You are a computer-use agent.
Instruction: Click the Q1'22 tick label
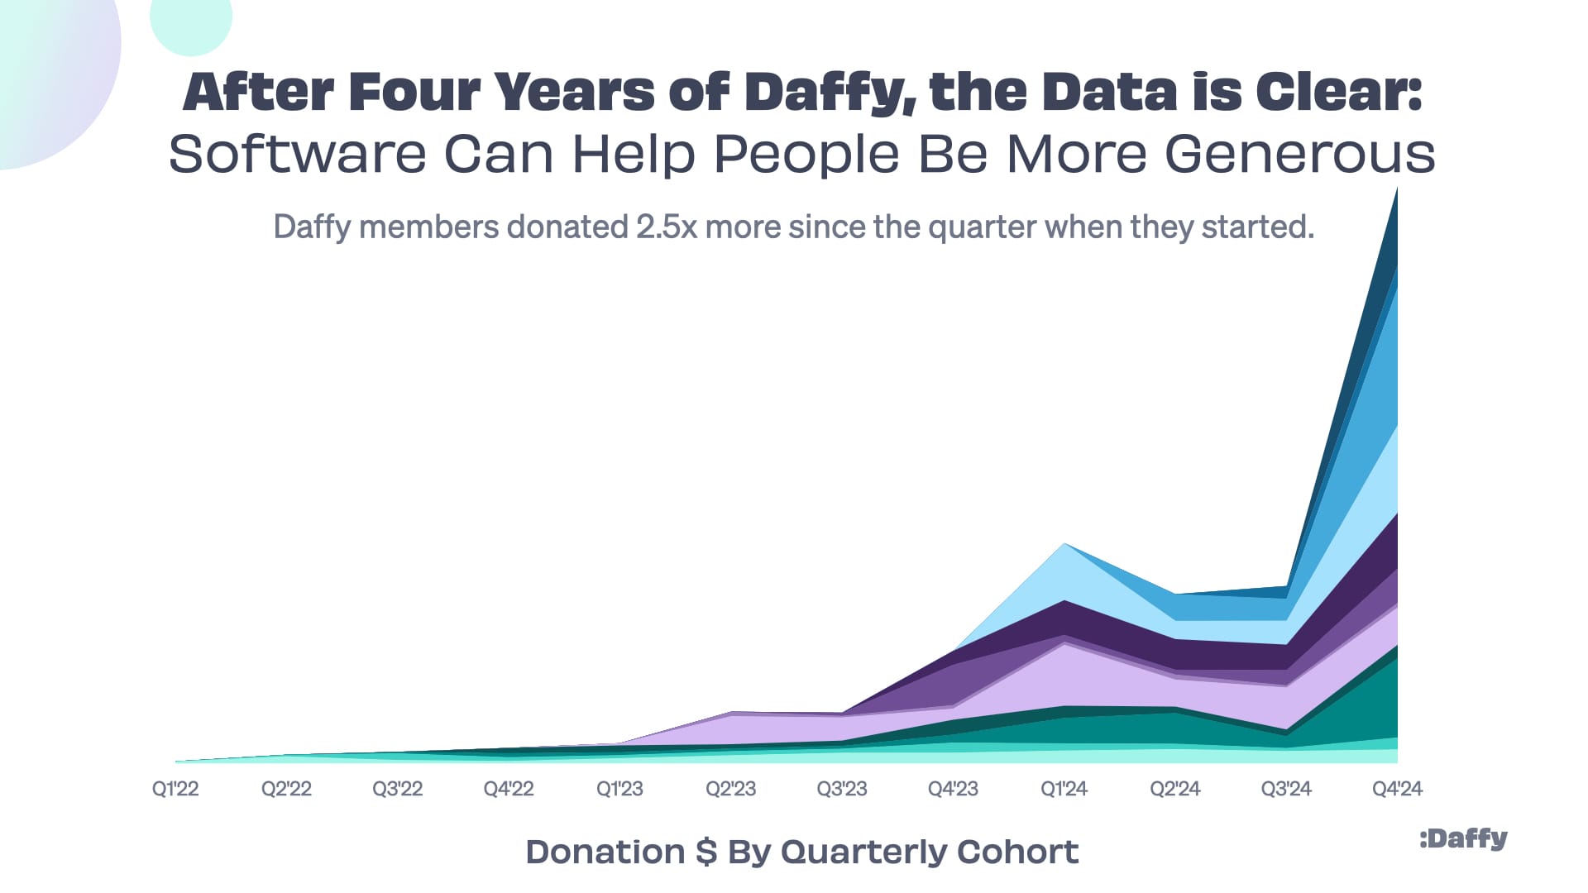[x=175, y=789]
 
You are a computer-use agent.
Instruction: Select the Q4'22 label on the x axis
[x=509, y=789]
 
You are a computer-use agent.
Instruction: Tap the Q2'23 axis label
[x=730, y=789]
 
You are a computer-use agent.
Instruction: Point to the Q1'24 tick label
[x=1064, y=789]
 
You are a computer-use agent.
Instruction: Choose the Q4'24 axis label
[x=1397, y=789]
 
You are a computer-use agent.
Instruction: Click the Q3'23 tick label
[x=842, y=789]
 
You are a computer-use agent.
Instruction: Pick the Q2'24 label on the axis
[x=1174, y=789]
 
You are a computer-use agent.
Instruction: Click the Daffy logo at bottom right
[x=1463, y=839]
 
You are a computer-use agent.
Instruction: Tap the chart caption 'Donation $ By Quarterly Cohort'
[x=801, y=852]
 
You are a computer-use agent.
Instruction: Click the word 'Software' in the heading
[x=298, y=154]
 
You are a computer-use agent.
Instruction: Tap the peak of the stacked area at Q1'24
[x=1064, y=545]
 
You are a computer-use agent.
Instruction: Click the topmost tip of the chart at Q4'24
[x=1396, y=192]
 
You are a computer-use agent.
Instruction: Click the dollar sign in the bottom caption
[x=706, y=852]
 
